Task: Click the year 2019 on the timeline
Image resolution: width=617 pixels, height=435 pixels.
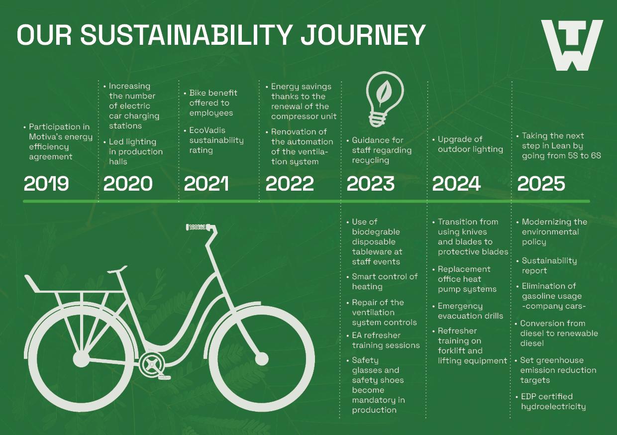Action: click(x=46, y=184)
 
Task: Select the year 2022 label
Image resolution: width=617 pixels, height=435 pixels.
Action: click(x=290, y=184)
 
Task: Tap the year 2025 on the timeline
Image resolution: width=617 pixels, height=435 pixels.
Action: click(x=541, y=184)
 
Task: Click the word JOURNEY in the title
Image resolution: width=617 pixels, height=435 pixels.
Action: click(x=363, y=35)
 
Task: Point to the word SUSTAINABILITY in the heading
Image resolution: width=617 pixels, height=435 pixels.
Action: click(x=186, y=35)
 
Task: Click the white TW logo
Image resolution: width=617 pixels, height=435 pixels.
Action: click(x=572, y=45)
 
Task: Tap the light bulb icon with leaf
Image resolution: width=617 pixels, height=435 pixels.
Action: click(x=385, y=99)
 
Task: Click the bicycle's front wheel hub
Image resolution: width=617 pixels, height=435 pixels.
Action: click(x=262, y=359)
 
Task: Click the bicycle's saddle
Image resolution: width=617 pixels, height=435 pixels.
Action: click(x=117, y=269)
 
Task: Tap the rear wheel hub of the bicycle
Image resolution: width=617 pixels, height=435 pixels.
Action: click(x=81, y=359)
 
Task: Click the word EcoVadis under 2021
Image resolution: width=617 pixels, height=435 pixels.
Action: click(x=207, y=130)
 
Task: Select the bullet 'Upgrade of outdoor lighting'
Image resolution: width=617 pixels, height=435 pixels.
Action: click(x=468, y=144)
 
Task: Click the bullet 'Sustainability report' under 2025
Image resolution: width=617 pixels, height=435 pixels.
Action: click(x=546, y=265)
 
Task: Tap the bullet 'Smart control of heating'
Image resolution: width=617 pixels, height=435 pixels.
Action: click(x=382, y=281)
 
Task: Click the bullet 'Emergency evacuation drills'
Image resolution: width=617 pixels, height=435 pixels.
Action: click(x=468, y=311)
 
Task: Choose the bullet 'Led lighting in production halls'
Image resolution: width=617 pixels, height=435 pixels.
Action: click(x=133, y=151)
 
